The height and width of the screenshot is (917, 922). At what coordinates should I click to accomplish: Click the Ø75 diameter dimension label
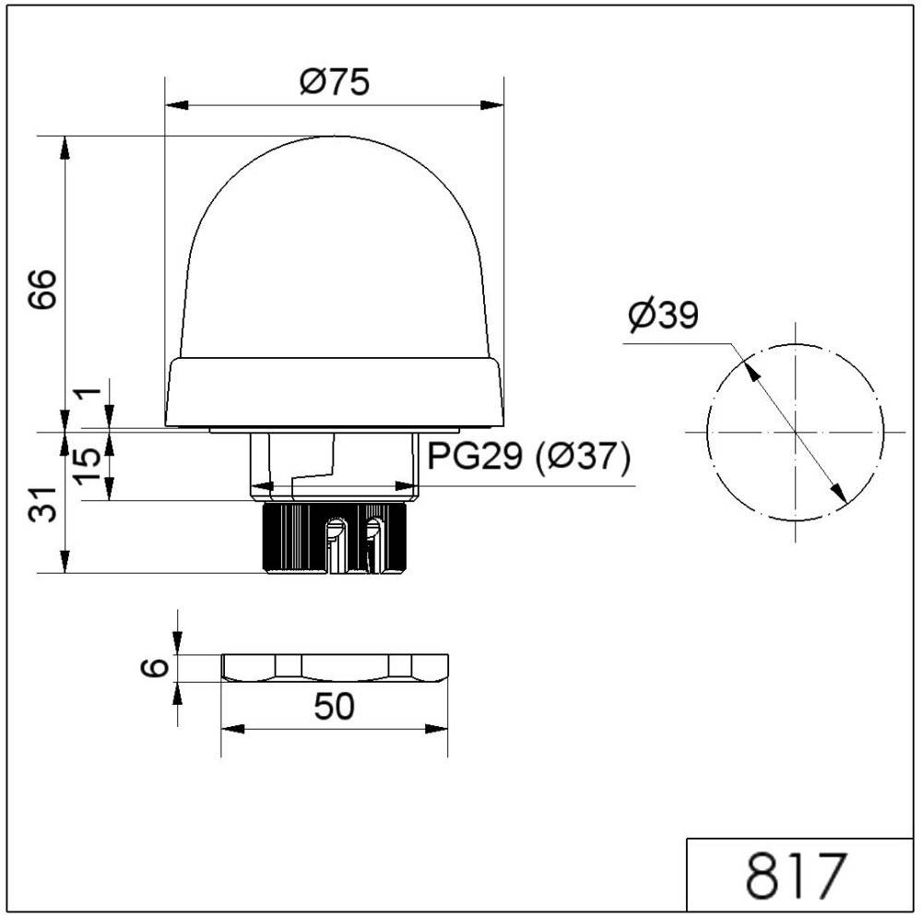(334, 82)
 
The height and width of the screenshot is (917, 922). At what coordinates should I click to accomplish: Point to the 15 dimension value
(89, 465)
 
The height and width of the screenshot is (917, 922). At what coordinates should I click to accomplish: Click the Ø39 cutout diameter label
(663, 316)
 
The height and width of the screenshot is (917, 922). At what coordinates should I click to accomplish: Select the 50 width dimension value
(334, 707)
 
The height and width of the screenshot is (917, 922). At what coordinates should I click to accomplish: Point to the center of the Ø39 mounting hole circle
(795, 432)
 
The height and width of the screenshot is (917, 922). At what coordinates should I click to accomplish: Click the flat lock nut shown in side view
(335, 667)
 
